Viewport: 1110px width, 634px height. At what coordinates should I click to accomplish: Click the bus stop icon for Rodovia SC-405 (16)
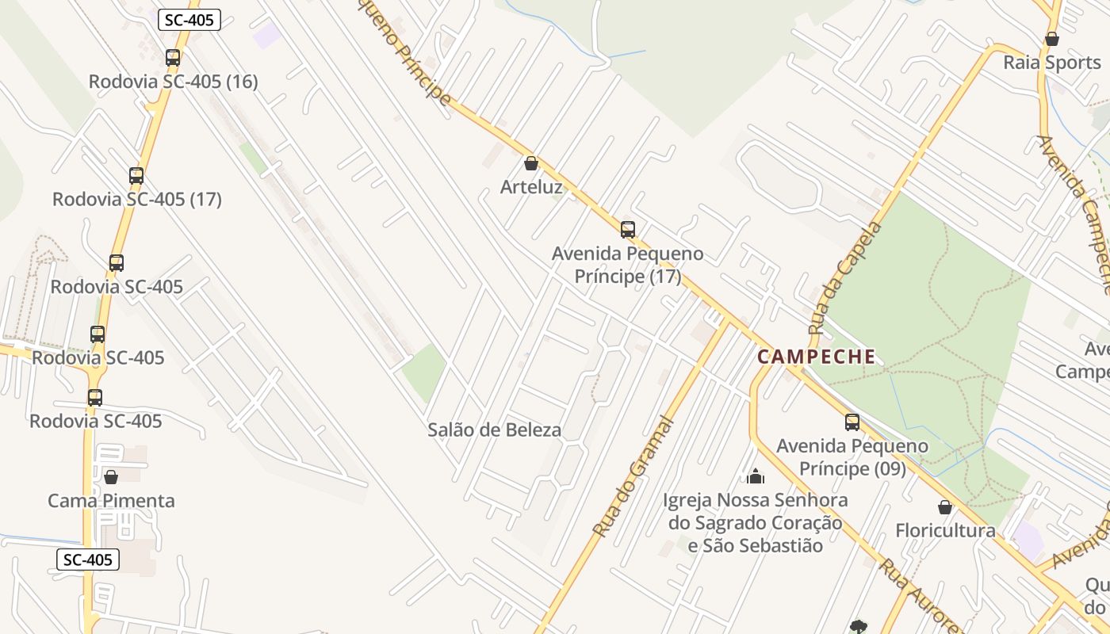click(173, 58)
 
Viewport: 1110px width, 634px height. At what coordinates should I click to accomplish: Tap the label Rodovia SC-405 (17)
click(136, 199)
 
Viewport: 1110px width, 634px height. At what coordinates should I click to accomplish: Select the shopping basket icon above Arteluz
click(531, 164)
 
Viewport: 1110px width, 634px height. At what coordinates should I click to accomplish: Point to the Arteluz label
click(531, 188)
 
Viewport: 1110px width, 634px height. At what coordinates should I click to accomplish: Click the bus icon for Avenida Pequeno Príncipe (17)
click(628, 230)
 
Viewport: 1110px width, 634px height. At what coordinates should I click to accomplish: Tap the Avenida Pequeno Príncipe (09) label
click(852, 457)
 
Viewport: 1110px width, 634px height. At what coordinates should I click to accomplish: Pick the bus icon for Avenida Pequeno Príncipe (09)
click(852, 422)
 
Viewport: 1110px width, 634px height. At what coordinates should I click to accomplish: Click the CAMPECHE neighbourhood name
click(817, 357)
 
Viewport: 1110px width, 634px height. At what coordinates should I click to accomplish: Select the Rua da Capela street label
click(845, 277)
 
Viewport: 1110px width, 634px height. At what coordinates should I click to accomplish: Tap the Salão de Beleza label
click(494, 430)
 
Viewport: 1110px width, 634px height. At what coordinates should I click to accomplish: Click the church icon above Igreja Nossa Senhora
click(756, 476)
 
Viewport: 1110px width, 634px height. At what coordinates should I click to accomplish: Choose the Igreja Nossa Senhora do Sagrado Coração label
click(755, 523)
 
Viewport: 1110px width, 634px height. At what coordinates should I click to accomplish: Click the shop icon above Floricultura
click(945, 507)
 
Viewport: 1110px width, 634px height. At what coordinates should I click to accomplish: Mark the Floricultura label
click(945, 530)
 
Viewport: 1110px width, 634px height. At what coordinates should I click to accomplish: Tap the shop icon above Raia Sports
click(1052, 39)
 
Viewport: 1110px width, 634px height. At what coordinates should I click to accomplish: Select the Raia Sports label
click(1052, 63)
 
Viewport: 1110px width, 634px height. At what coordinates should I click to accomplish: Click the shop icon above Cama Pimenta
click(111, 477)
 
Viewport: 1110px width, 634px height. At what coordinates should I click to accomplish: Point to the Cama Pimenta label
click(111, 501)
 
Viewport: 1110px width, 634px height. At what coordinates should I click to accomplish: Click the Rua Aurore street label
click(920, 594)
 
